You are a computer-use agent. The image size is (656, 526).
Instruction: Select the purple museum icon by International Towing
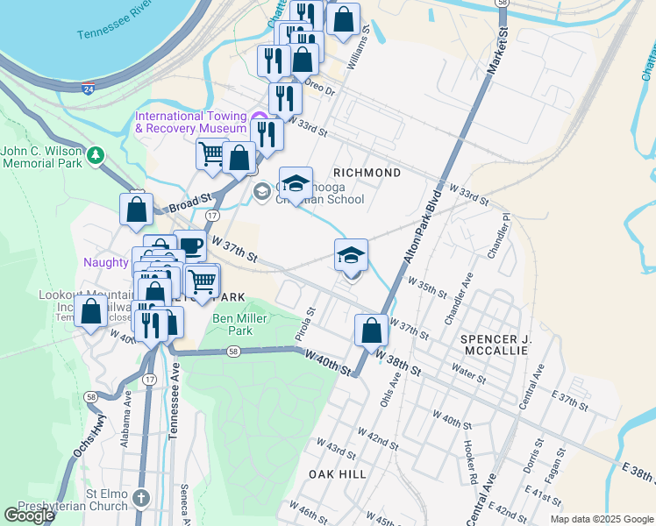258,119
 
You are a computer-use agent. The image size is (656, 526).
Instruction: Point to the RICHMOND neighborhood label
367,173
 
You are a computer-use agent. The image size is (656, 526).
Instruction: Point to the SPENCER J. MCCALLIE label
494,344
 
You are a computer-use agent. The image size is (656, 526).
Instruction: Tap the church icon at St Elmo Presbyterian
142,497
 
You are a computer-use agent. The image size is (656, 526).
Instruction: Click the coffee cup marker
189,246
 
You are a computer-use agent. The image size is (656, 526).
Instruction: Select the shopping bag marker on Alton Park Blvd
371,331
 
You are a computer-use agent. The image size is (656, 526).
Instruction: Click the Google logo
29,515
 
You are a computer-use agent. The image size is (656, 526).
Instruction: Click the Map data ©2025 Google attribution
601,519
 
